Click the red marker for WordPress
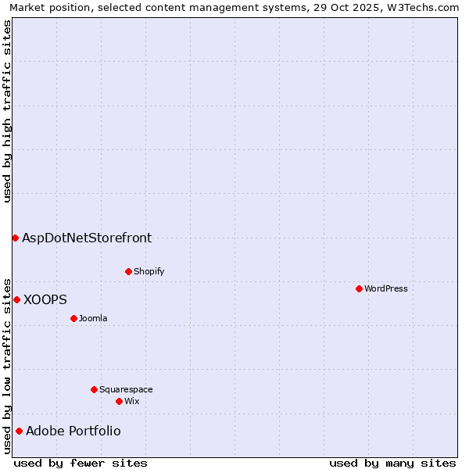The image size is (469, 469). (x=359, y=288)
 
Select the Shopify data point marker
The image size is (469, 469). (x=128, y=271)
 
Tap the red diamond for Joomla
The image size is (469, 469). (x=73, y=318)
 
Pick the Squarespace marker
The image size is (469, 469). (x=94, y=389)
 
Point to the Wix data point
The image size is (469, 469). (x=119, y=401)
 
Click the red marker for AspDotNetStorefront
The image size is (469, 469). (x=15, y=238)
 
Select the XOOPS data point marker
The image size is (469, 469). (x=16, y=299)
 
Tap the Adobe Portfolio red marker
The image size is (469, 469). (x=19, y=431)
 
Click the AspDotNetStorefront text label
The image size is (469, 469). (x=87, y=238)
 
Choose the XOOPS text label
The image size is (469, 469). (x=45, y=299)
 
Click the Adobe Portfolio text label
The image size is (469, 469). (x=73, y=431)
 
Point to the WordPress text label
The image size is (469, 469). (x=386, y=288)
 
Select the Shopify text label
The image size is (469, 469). (x=149, y=271)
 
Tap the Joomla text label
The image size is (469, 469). (x=93, y=318)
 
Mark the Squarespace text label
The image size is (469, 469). (x=126, y=389)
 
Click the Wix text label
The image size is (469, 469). (x=132, y=401)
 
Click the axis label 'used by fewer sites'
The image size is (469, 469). (x=81, y=463)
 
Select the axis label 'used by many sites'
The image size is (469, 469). (x=392, y=463)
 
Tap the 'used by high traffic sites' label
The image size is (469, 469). (x=7, y=111)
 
